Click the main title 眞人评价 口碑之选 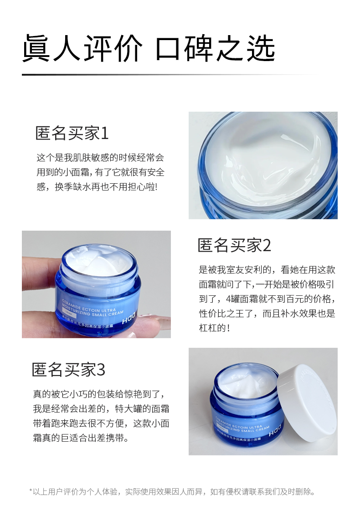(149, 48)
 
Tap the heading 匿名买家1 (72, 134)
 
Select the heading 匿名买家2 (234, 246)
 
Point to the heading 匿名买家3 (68, 370)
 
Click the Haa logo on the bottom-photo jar (275, 429)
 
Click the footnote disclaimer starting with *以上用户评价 (172, 491)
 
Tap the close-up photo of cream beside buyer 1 (263, 165)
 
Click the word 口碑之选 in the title (215, 48)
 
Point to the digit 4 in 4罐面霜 (228, 299)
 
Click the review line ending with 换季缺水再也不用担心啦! (97, 187)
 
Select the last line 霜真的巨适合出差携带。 (81, 438)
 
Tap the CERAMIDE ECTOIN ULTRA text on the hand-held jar (89, 306)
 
